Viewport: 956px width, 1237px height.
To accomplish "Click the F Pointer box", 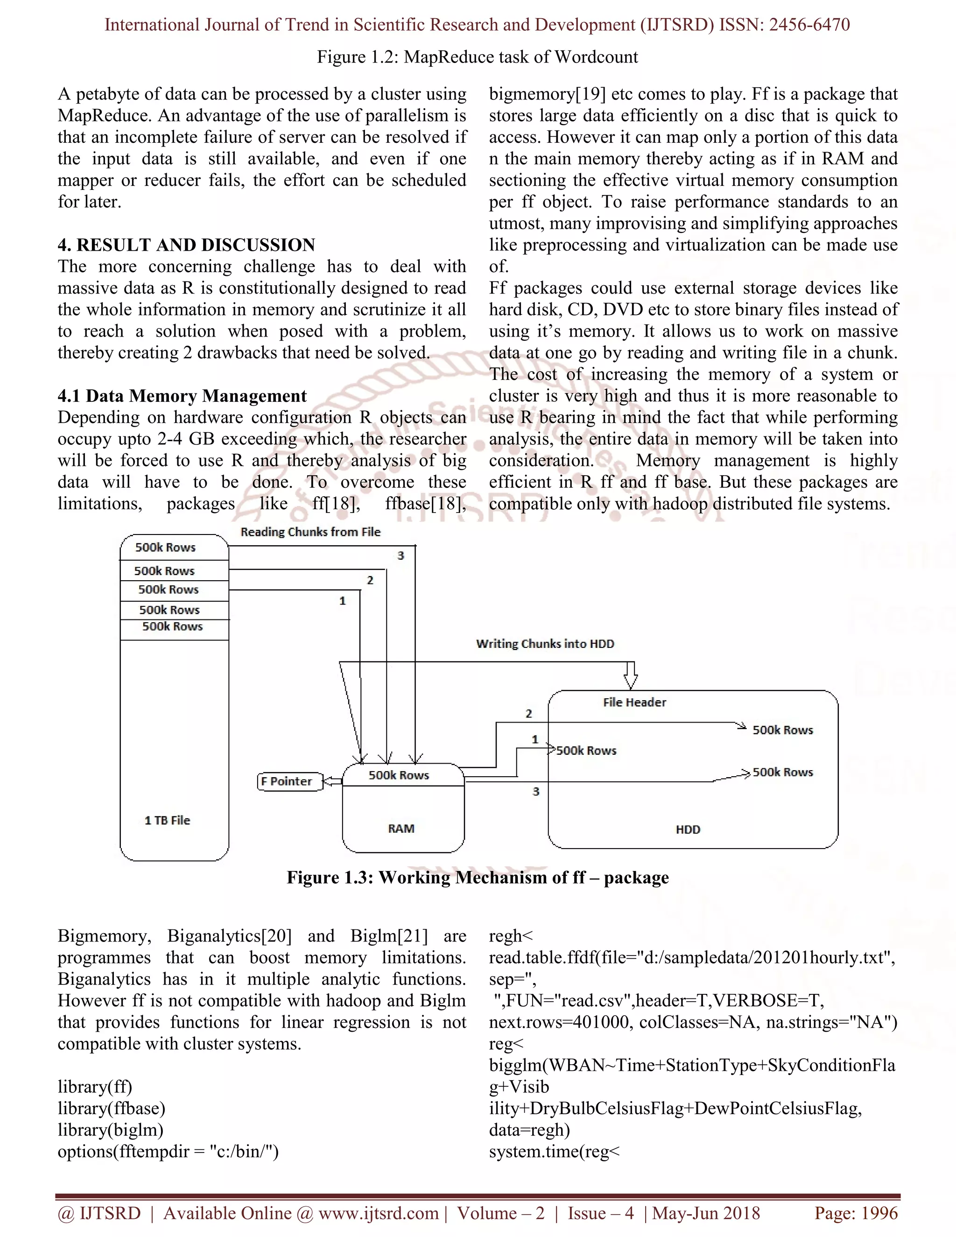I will [290, 781].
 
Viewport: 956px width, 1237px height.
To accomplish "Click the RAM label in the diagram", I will [401, 829].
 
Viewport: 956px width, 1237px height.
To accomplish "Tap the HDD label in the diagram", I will [688, 830].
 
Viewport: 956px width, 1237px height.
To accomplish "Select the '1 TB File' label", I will [167, 820].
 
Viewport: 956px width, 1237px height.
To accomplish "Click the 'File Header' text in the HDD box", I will [634, 703].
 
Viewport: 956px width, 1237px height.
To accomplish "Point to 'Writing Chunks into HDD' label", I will [545, 644].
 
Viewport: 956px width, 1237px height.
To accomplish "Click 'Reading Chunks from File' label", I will [310, 532].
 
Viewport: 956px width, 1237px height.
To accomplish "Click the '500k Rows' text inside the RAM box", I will [399, 775].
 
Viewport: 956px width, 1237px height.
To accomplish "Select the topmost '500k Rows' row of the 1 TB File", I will [165, 547].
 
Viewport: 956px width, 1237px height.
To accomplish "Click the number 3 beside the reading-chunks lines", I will [401, 555].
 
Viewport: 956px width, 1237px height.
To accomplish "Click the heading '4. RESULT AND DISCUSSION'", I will [186, 245].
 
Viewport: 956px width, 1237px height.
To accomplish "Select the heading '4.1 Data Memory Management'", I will [182, 395].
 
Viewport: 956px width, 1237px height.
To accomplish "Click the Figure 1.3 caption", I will [478, 878].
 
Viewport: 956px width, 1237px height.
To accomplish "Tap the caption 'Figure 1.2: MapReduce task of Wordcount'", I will [478, 57].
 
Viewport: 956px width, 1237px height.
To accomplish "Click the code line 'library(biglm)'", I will [111, 1130].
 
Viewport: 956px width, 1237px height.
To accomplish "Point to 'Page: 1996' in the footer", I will [856, 1213].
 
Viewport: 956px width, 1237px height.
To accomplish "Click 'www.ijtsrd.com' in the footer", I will [378, 1213].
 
